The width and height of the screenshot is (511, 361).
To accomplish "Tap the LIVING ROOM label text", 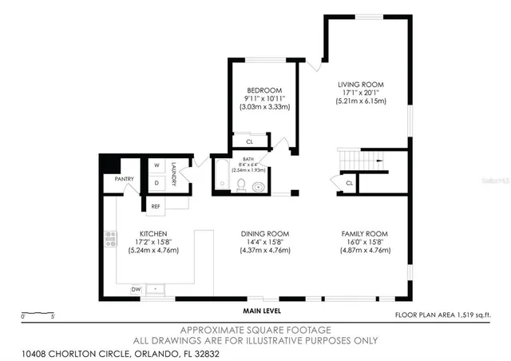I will click(x=361, y=84).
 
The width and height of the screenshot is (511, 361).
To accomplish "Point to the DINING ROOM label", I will click(x=263, y=232).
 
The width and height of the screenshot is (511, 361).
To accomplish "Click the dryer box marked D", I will click(x=156, y=183).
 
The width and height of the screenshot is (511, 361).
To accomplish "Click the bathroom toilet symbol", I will click(x=240, y=185).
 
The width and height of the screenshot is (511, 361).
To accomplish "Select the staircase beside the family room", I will click(x=360, y=161).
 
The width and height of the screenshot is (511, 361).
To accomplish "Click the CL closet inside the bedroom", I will click(x=250, y=141).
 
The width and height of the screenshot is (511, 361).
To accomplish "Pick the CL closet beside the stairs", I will click(x=349, y=184).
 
